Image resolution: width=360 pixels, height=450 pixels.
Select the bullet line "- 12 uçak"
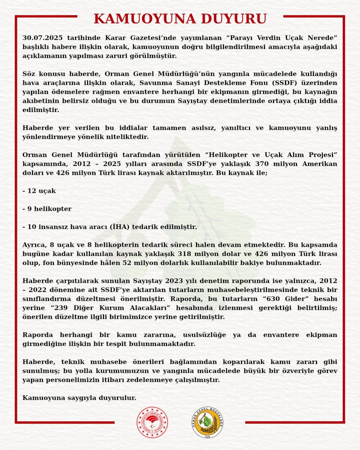tap(39, 191)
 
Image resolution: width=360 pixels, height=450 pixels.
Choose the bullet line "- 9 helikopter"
tap(47, 208)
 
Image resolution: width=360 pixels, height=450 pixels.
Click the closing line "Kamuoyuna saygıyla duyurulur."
tap(79, 397)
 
